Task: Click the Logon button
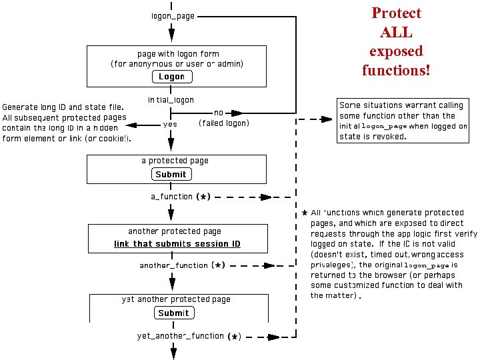pos(171,77)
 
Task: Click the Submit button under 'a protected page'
pos(171,174)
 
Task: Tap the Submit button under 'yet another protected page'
pos(173,313)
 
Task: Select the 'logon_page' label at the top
pos(173,16)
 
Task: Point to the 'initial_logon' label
pos(171,100)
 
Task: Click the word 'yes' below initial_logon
pos(170,124)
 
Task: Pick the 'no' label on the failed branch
pos(219,113)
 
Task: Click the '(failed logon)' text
pos(224,123)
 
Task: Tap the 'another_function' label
pos(173,265)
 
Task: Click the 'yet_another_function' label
pos(180,336)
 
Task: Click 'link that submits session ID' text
pos(177,244)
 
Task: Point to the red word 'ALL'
pos(396,32)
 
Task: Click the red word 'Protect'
pos(396,13)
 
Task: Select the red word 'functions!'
pos(396,69)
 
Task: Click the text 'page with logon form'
pos(178,54)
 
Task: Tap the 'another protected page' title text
pos(175,231)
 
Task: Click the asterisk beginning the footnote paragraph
pos(304,214)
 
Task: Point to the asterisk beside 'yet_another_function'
pos(233,337)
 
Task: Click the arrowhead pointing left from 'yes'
pos(131,125)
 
